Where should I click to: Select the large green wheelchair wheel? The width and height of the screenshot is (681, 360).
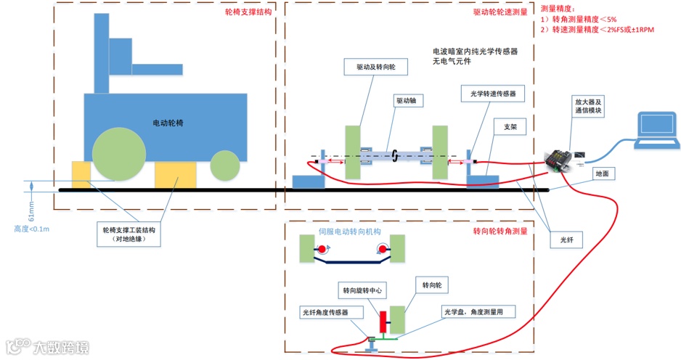(x=118, y=154)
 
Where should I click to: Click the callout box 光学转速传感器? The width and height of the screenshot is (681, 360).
(x=493, y=94)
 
